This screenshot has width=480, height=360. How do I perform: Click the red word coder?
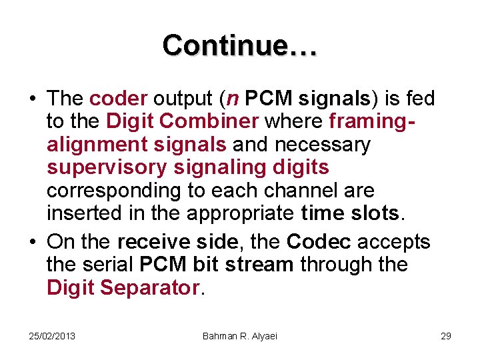[117, 99]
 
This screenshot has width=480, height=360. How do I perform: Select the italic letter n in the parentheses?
[233, 99]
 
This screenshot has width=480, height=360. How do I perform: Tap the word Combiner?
[218, 122]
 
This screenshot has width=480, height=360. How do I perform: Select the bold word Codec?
[318, 241]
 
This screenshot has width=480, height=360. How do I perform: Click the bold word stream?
[259, 264]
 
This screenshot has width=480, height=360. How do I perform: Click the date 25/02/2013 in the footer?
[52, 335]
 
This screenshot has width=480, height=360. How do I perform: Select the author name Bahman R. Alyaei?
[239, 335]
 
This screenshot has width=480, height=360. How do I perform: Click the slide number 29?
[446, 335]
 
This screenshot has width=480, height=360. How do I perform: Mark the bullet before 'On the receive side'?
[31, 242]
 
